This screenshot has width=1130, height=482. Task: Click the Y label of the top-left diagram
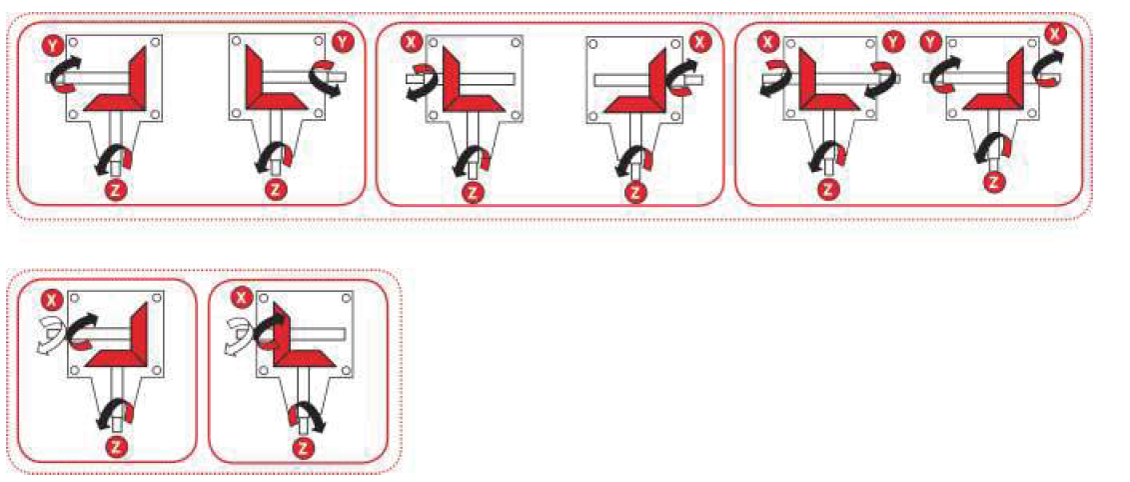coord(53,45)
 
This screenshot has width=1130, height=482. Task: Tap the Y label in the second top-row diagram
coord(341,44)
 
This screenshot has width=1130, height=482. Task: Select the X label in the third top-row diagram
coord(412,44)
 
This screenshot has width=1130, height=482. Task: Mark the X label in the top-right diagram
coord(1054,34)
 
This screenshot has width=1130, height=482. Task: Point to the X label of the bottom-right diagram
coord(243,298)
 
